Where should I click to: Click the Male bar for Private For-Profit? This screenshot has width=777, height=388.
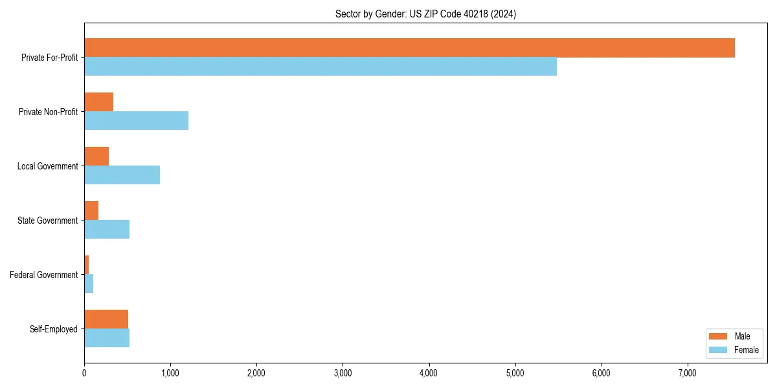(x=409, y=48)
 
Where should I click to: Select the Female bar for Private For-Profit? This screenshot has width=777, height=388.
(x=321, y=66)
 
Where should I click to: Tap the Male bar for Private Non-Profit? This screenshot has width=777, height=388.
(x=98, y=102)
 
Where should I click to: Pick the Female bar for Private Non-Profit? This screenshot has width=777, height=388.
(x=136, y=120)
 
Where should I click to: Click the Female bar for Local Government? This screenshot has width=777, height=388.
(x=122, y=175)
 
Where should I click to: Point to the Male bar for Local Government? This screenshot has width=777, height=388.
(x=96, y=156)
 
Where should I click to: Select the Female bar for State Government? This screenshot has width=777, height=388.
(x=107, y=229)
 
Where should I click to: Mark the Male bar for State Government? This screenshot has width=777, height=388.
(x=91, y=211)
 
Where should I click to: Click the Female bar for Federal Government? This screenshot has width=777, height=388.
(x=89, y=283)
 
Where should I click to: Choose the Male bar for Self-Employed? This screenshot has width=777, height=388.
(x=106, y=319)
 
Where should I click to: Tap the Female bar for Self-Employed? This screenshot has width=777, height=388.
(x=107, y=338)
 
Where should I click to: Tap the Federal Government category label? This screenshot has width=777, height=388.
(x=44, y=275)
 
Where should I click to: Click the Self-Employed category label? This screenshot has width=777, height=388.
(x=54, y=329)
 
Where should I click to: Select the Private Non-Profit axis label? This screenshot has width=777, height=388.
(x=48, y=112)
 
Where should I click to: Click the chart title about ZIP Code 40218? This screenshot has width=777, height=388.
(x=425, y=14)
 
